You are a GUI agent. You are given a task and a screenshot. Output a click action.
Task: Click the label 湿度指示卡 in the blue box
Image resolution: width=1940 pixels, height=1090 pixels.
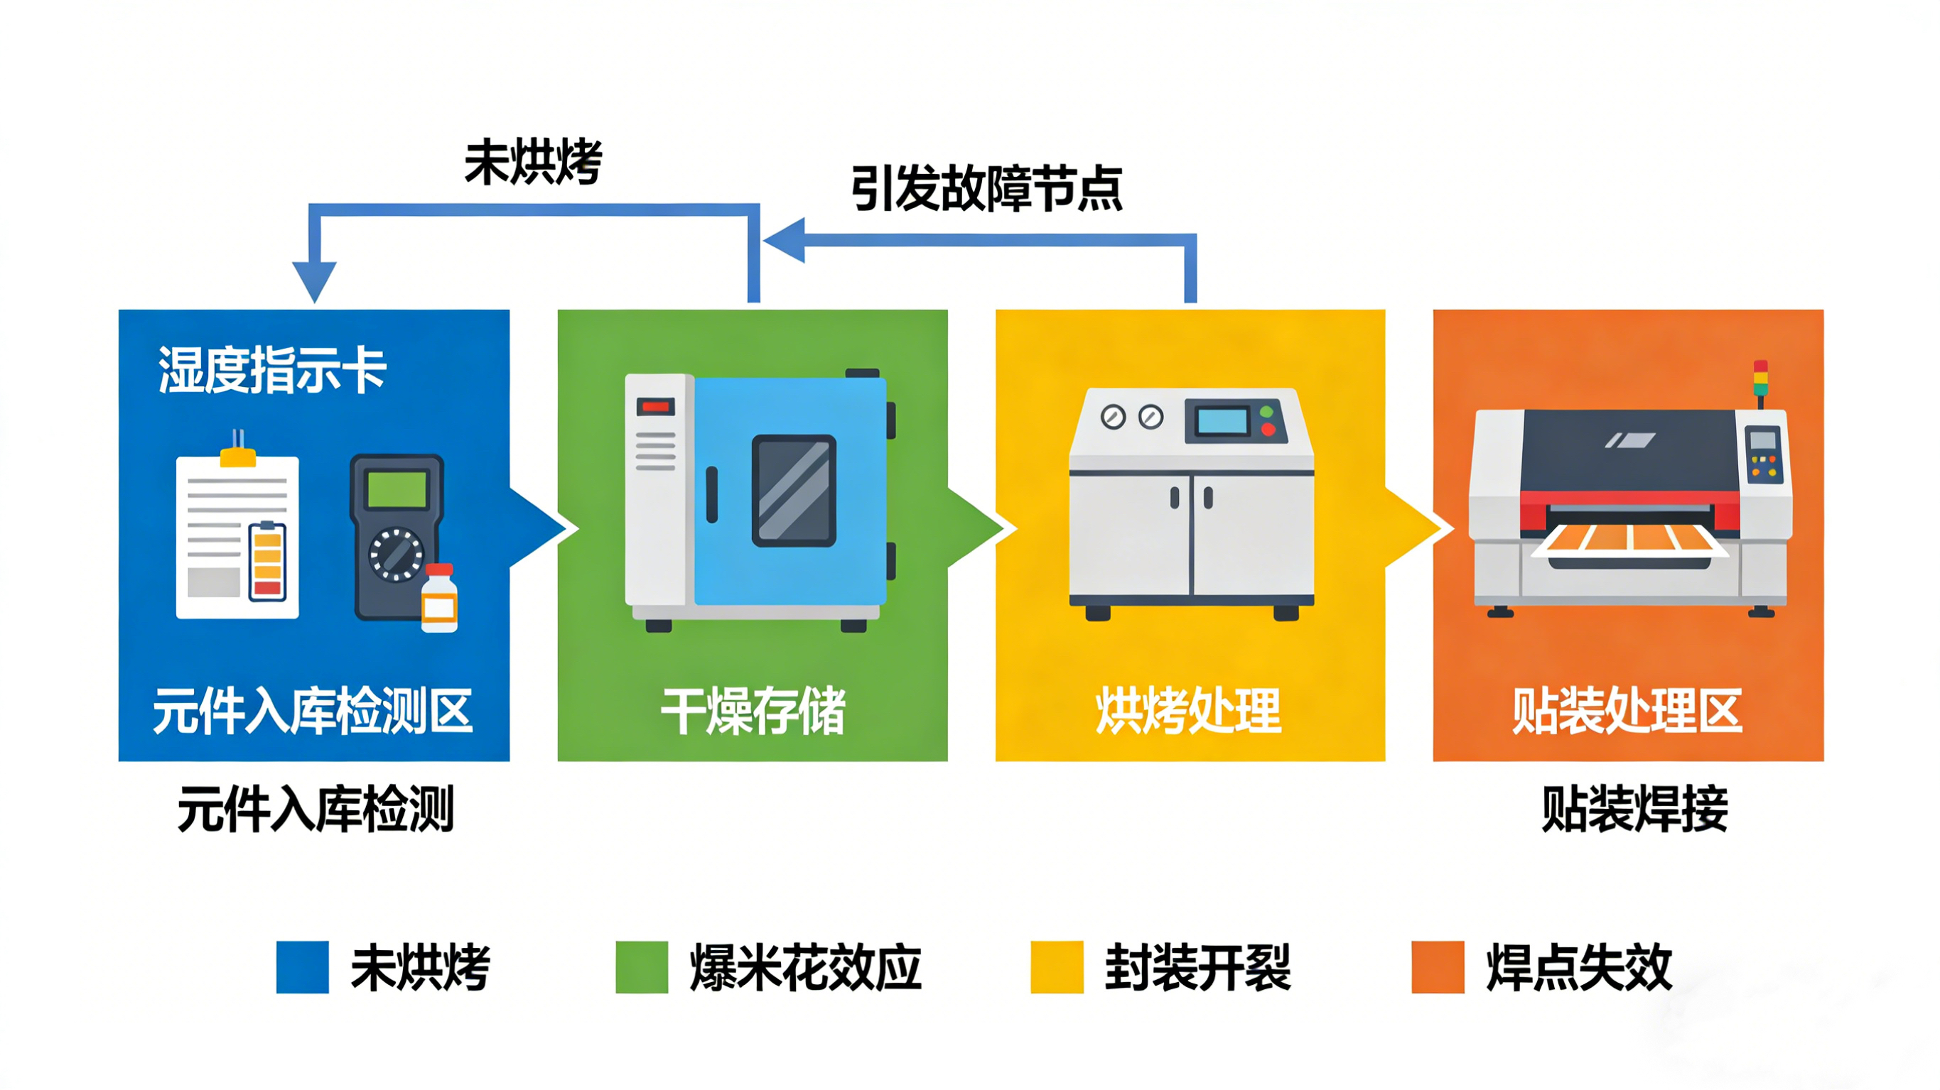tap(272, 371)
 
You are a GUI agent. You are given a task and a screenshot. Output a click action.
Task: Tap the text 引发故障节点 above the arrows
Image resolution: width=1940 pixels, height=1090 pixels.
tap(986, 188)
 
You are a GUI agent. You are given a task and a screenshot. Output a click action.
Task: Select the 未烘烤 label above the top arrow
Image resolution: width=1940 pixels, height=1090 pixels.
tap(533, 163)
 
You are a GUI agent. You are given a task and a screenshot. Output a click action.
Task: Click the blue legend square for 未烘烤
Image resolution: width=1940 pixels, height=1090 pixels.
tap(302, 966)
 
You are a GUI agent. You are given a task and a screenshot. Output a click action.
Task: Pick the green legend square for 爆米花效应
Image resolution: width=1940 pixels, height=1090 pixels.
tap(642, 966)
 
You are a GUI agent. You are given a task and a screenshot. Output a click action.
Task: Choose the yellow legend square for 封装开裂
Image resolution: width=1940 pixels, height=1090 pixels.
tap(1057, 966)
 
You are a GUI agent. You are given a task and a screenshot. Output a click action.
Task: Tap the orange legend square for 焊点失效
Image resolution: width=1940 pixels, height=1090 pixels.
tap(1438, 966)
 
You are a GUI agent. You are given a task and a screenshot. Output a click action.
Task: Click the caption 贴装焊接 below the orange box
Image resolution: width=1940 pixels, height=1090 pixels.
tap(1634, 810)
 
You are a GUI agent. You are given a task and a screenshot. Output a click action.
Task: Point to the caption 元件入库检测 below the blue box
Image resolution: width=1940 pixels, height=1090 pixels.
tap(316, 810)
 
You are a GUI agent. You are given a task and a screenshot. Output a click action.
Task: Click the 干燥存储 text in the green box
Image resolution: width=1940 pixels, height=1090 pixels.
tap(753, 711)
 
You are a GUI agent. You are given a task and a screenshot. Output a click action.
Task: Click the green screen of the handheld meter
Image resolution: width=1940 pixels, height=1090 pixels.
tap(397, 489)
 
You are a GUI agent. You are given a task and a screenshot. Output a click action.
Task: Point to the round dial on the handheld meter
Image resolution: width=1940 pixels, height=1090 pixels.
tap(396, 555)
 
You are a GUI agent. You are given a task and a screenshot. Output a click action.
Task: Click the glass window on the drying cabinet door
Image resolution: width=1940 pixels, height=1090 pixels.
tap(794, 490)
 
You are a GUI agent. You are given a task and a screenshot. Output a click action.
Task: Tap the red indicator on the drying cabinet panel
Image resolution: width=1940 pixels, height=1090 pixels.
tap(655, 408)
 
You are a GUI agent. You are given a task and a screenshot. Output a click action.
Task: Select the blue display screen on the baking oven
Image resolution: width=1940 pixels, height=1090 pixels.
tap(1222, 421)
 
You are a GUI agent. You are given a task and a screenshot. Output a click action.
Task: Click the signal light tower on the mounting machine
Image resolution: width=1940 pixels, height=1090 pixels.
tap(1760, 380)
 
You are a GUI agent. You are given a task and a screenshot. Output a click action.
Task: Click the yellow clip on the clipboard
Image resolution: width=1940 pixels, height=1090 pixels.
tap(238, 456)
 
